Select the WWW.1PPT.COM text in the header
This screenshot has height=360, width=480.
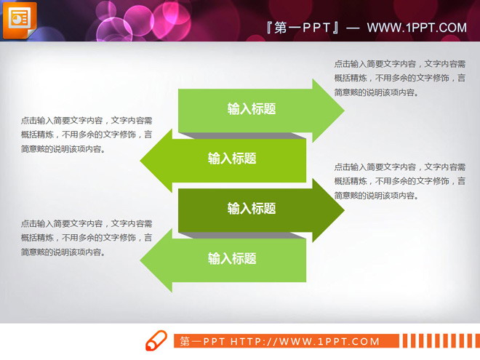pos(417,28)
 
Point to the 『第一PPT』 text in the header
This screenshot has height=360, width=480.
pos(304,28)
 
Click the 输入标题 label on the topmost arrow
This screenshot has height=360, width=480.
pos(252,109)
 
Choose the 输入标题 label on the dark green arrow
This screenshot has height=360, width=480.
pos(252,209)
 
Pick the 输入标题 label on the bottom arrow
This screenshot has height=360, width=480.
pos(232,258)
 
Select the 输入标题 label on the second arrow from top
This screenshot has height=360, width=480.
pos(232,159)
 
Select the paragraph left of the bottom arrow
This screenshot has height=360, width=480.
pos(87,238)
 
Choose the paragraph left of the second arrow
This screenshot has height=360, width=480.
pos(87,135)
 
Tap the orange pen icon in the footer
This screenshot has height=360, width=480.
pos(156,340)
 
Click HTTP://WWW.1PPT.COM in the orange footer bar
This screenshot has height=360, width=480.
pos(305,341)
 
